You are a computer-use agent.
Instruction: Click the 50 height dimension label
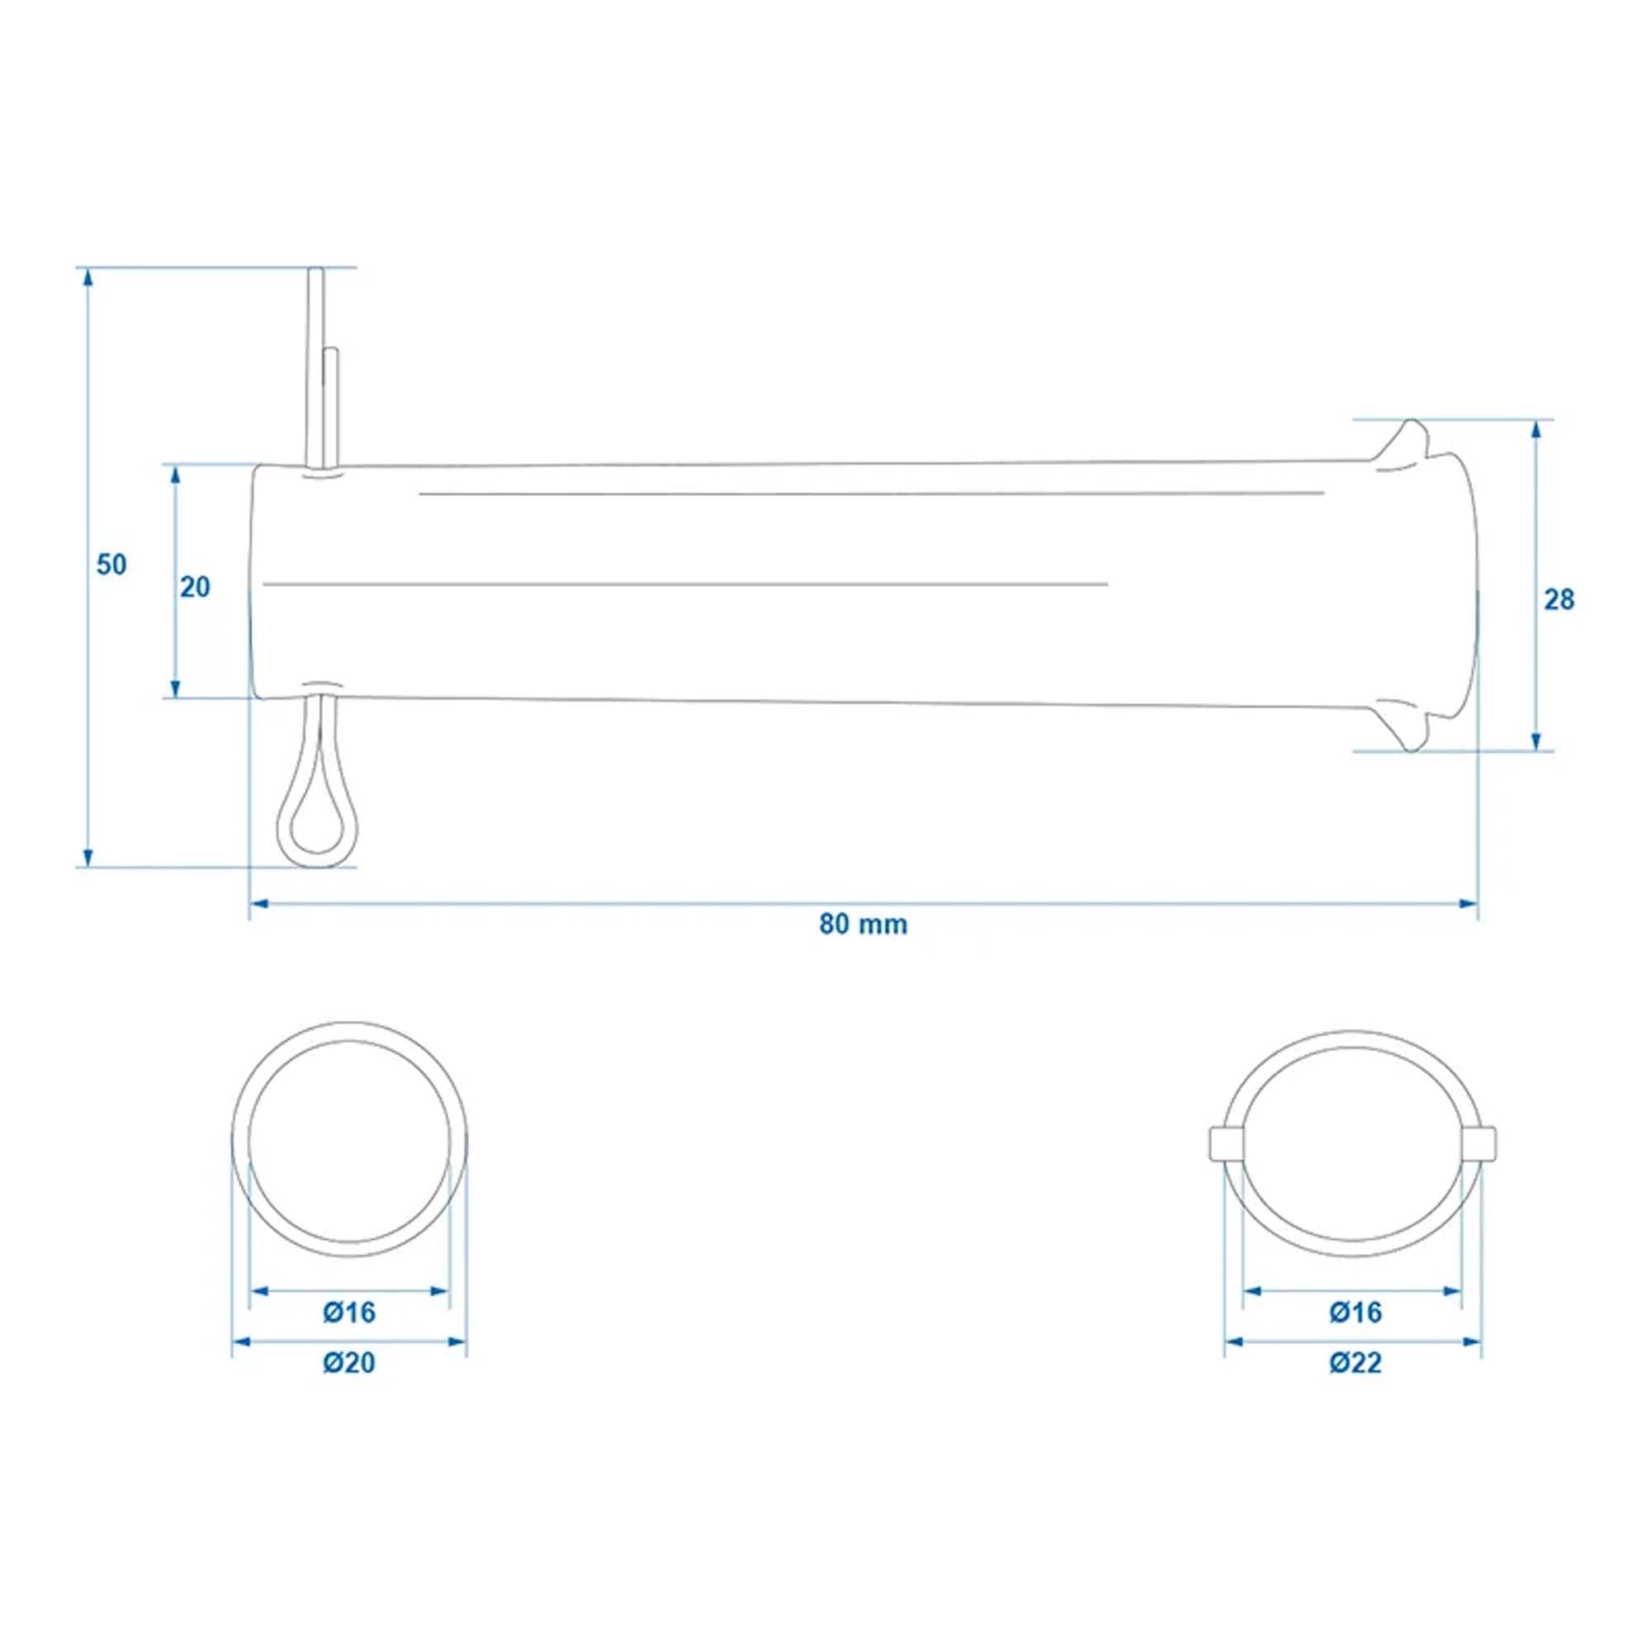click(x=111, y=565)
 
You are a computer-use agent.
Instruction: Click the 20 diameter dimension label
click(x=195, y=587)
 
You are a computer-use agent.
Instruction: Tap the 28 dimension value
click(x=1559, y=601)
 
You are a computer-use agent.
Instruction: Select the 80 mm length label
click(x=863, y=925)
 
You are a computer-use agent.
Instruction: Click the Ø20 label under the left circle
click(x=348, y=1363)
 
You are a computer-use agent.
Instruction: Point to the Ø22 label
click(x=1355, y=1363)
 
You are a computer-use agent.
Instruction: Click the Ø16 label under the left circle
click(x=348, y=1312)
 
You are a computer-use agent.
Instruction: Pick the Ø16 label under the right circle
click(x=1355, y=1312)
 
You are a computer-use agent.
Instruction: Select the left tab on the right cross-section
click(x=1225, y=1143)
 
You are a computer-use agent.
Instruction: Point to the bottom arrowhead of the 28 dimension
click(x=1536, y=744)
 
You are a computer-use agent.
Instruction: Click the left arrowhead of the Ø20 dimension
click(x=241, y=1342)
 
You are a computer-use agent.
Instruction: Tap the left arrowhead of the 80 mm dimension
click(x=259, y=903)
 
